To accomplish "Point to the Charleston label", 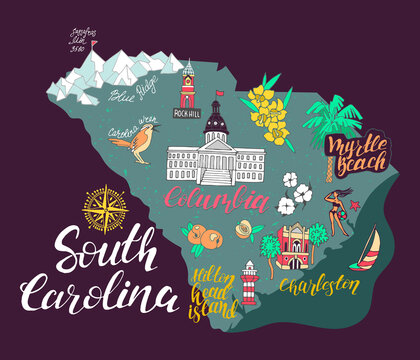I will (318, 286).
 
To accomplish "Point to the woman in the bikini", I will (337, 210).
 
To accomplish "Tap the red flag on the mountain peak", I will (94, 43).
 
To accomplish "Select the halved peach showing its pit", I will (243, 231).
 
